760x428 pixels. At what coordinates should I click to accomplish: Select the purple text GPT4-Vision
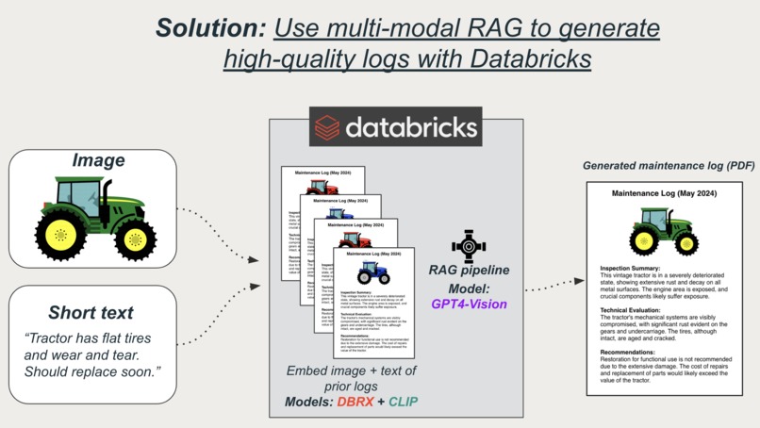coord(469,304)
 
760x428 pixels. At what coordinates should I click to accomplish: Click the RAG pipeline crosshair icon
coord(469,246)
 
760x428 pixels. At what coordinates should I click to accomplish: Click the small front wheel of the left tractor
coord(137,240)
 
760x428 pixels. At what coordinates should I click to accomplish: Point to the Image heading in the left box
coord(98,160)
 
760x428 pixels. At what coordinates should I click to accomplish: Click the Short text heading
coord(91,312)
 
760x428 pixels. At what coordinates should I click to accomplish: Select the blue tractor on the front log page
coord(373,272)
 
